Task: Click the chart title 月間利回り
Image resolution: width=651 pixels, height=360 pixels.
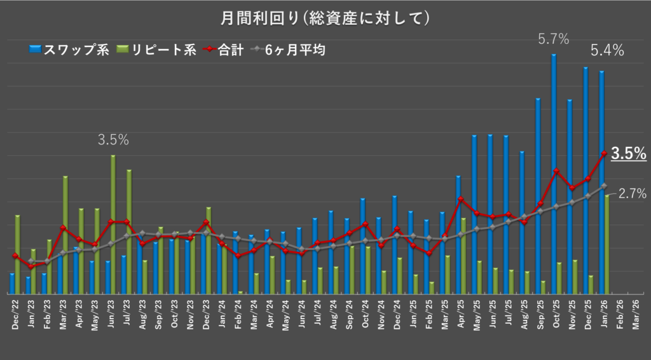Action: (325, 18)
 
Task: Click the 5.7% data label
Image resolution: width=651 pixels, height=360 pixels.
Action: (553, 39)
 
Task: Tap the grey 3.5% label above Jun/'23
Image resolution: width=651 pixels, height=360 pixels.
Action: (113, 140)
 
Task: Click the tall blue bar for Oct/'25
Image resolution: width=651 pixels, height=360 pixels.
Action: (554, 172)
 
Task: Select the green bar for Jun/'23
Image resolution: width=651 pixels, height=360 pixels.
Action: (113, 223)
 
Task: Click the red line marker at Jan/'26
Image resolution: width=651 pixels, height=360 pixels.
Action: (604, 153)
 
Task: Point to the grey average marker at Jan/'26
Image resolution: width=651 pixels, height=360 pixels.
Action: (604, 186)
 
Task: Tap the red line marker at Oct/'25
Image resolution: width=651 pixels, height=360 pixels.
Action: (556, 171)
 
